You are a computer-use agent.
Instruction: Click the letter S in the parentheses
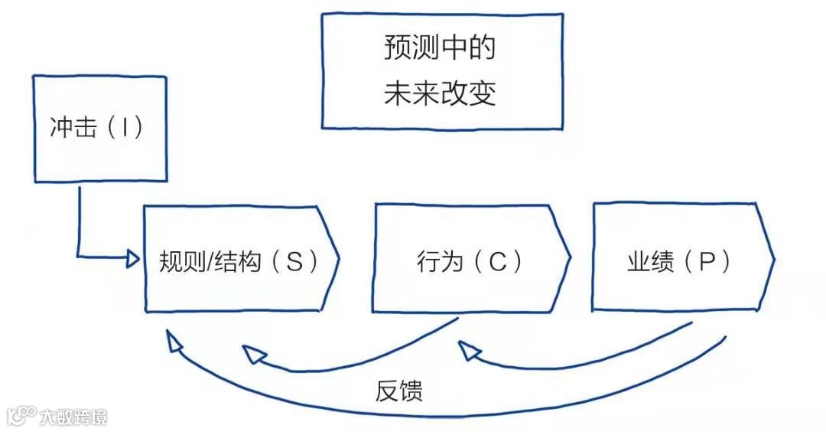tap(294, 262)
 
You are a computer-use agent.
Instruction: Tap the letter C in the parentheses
tap(497, 262)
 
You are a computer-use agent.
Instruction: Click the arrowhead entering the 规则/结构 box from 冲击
tap(135, 259)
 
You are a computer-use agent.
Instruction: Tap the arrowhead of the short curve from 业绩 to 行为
tap(467, 350)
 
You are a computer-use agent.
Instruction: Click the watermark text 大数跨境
tap(73, 417)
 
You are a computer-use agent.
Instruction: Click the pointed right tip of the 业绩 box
tap(774, 257)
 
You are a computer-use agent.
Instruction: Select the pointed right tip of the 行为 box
tap(570, 257)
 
